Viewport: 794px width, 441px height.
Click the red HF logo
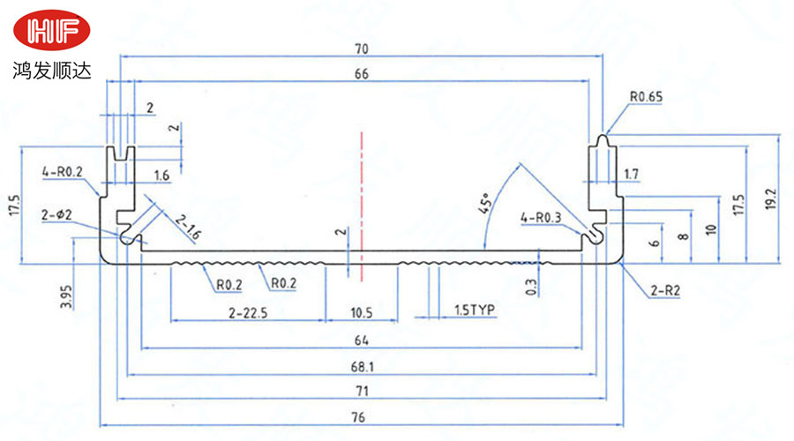[x=52, y=32]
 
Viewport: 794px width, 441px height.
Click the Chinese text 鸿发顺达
[x=52, y=69]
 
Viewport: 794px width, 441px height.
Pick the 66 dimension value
[x=361, y=74]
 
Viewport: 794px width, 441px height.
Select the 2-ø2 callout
[x=57, y=215]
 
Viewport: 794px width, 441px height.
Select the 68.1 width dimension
[x=361, y=365]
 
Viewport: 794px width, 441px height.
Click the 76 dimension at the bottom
[x=361, y=417]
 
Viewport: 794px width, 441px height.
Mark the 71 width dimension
[x=361, y=391]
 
